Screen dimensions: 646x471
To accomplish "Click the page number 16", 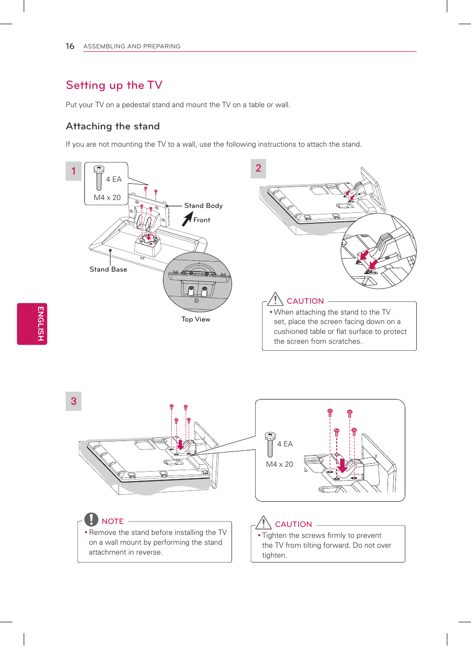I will coord(70,46).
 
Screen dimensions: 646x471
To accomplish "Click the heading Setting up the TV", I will coord(114,85).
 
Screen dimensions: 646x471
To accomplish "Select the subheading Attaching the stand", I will coord(113,126).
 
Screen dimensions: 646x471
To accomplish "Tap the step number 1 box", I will coord(74,171).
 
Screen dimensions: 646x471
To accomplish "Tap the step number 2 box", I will coord(258,168).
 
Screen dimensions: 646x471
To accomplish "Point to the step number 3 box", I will coord(74,401).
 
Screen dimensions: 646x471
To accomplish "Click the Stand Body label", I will coord(203,205).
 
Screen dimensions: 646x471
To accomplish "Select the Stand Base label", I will coord(108,269).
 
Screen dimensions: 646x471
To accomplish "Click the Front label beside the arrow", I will coord(201,220).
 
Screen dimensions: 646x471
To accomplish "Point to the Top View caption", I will coord(196,319).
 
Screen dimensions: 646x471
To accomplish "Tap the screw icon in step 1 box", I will coord(99,177).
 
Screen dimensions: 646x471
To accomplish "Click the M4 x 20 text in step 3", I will coord(279,464).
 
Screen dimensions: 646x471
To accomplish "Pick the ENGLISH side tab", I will coord(32,323).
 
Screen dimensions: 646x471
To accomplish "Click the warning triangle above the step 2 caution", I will coord(275,299).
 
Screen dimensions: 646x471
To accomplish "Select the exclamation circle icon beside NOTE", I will coord(91,519).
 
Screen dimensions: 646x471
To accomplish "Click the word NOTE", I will coord(113,521).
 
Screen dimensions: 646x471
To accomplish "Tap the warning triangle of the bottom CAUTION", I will coord(264,523).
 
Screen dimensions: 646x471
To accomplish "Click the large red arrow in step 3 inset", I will coord(342,465).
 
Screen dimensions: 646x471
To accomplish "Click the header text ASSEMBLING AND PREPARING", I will coord(132,46).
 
